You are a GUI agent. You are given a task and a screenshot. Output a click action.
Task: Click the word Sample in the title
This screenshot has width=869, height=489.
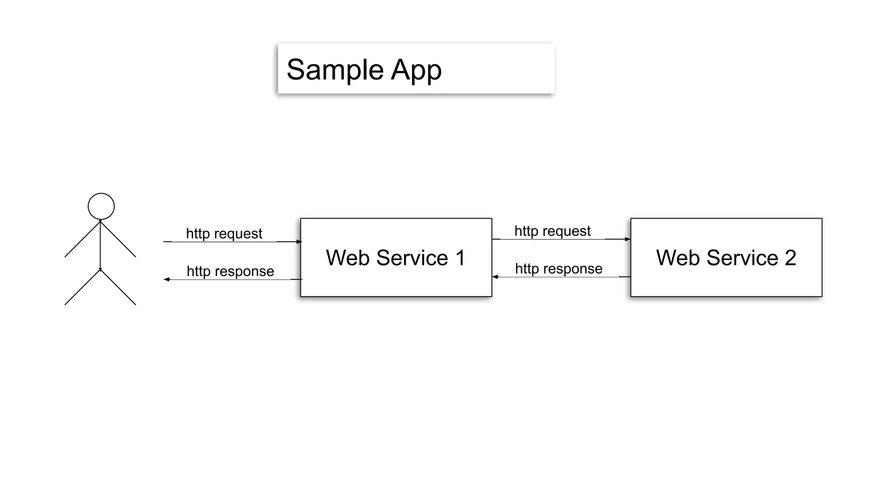[335, 70]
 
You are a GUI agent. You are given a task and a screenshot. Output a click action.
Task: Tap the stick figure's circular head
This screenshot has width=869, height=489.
[101, 206]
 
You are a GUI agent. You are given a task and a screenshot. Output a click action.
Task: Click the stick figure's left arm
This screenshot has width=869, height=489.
[82, 239]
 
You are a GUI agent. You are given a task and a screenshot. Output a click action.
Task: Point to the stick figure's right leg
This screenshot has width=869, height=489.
[118, 287]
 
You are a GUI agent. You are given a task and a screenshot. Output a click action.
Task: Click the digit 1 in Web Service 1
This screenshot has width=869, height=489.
[460, 258]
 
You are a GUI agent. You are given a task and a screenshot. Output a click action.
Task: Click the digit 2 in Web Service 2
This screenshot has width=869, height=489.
[790, 258]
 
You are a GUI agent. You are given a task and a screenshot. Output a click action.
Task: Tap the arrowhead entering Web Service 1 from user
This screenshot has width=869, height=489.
[299, 242]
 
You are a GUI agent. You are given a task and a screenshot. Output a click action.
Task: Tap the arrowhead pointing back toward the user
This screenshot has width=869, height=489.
[167, 279]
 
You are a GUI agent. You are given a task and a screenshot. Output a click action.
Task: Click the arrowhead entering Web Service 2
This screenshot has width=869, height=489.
[628, 239]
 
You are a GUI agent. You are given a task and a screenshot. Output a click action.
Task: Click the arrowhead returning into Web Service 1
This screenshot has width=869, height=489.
[495, 277]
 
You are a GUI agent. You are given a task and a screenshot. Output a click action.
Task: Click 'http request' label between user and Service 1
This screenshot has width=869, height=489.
[224, 233]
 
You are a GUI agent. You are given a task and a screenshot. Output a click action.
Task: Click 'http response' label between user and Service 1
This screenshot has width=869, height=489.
[230, 271]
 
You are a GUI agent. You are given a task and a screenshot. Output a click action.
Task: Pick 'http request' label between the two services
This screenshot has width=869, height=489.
[552, 231]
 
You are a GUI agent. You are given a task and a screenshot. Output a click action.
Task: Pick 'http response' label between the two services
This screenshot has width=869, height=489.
[558, 268]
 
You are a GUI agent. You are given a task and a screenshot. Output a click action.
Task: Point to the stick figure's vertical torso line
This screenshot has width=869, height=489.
[101, 246]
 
